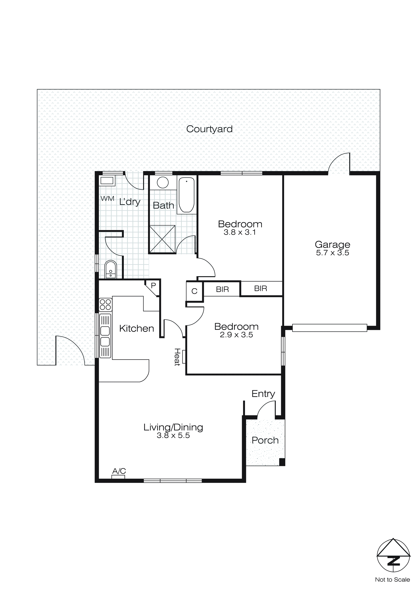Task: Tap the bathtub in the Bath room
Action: point(186,195)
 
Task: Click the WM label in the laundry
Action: point(107,199)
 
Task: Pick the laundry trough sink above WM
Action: point(107,181)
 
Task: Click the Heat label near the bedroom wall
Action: point(177,357)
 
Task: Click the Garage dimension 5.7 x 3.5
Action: point(333,253)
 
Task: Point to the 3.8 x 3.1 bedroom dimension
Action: point(240,232)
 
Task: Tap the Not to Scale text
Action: point(392,580)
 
